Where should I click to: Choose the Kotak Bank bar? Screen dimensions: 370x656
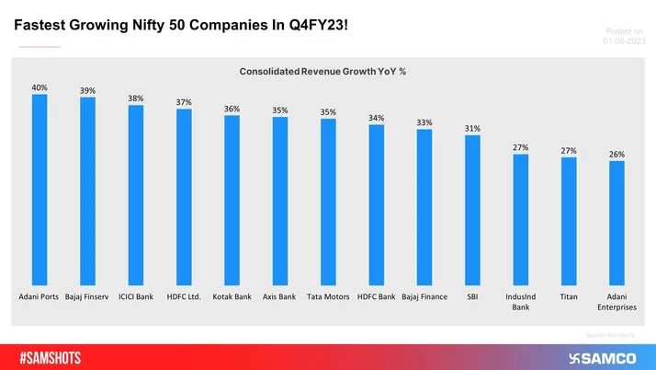click(x=232, y=198)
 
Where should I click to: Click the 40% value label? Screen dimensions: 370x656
click(x=40, y=87)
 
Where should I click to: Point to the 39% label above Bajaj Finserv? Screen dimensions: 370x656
click(x=87, y=90)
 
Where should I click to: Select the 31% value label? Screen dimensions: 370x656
click(x=472, y=129)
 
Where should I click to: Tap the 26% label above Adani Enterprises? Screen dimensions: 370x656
click(x=616, y=155)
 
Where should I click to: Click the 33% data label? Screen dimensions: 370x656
click(x=424, y=122)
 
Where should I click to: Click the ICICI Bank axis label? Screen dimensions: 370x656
click(x=136, y=296)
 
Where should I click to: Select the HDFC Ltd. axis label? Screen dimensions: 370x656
click(x=184, y=296)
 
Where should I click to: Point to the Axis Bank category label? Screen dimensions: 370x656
click(x=280, y=296)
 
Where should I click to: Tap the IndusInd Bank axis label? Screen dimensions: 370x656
click(x=521, y=302)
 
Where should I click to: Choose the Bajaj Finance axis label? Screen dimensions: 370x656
click(x=424, y=296)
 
